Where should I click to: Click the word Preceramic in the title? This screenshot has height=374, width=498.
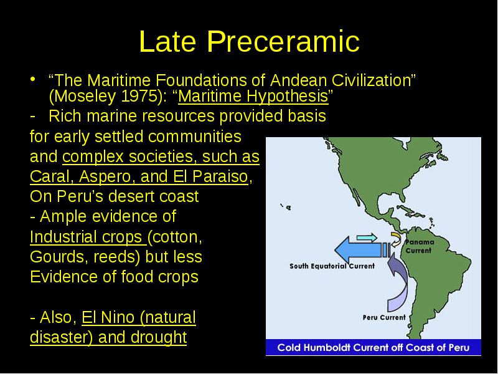[283, 42]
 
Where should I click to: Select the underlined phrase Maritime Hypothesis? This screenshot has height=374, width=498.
[253, 97]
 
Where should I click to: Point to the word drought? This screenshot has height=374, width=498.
[159, 337]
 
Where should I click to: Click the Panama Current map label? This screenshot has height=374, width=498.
[419, 246]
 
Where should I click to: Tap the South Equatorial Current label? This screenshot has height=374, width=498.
[332, 266]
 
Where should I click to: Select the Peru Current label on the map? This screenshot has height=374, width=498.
[384, 317]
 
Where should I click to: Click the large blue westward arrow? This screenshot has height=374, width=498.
[362, 250]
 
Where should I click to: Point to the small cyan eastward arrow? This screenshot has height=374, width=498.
[367, 237]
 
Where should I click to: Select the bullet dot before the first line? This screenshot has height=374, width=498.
[33, 79]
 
